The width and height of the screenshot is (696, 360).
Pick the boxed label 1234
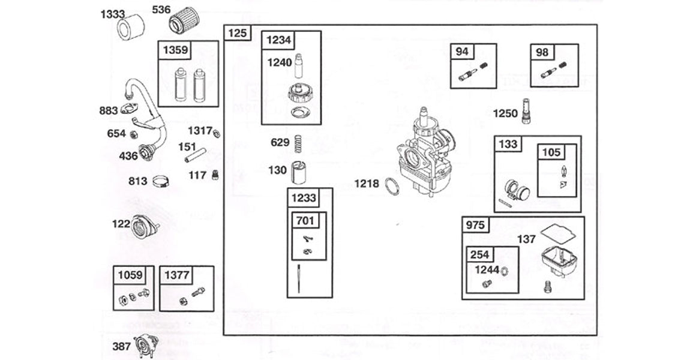pyautogui.click(x=278, y=40)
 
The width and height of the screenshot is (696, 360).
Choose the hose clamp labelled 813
pyautogui.click(x=159, y=180)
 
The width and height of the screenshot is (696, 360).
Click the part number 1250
pyautogui.click(x=505, y=113)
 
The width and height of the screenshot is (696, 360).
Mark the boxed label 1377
pyautogui.click(x=177, y=275)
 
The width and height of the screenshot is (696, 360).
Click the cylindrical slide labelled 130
pyautogui.click(x=298, y=173)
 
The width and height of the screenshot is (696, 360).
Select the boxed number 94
pyautogui.click(x=462, y=52)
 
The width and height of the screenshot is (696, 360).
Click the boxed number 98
pyautogui.click(x=542, y=52)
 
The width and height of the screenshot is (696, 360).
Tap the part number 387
pyautogui.click(x=121, y=346)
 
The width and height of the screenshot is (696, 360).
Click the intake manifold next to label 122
pyautogui.click(x=144, y=227)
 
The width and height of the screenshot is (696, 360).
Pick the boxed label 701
pyautogui.click(x=305, y=221)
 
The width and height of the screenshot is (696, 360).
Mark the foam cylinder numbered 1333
pyautogui.click(x=131, y=28)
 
